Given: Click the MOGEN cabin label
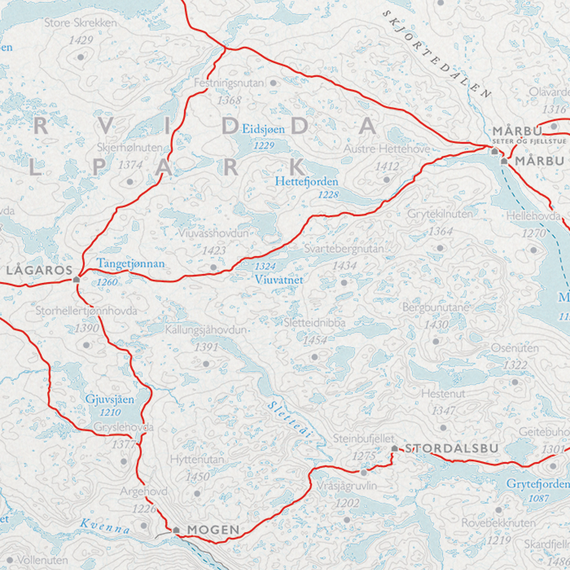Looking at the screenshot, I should tap(214, 530).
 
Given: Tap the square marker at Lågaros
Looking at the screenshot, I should tap(76, 280).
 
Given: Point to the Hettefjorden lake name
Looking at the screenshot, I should tap(306, 182).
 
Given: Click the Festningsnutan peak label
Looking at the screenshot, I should tap(229, 81).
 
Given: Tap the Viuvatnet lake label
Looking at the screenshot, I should tap(279, 280).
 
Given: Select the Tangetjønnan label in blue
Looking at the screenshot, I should tap(130, 264).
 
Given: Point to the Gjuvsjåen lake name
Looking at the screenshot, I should tap(109, 400).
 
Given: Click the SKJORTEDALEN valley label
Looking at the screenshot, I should tap(439, 54).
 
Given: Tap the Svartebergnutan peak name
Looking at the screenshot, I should tap(334, 249).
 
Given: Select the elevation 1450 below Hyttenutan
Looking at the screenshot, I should tap(198, 477).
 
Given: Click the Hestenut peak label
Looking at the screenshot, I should tap(443, 394).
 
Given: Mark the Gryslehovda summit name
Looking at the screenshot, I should tap(124, 427).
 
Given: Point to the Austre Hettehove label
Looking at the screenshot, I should tap(387, 149).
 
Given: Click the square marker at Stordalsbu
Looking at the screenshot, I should tap(394, 449).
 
